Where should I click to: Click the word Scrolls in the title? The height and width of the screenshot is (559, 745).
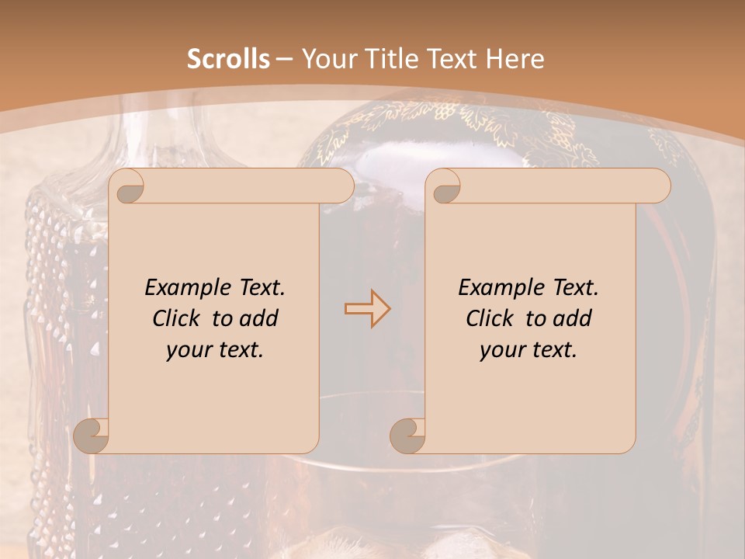point(228,59)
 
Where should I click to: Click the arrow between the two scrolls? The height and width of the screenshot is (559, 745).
point(367,308)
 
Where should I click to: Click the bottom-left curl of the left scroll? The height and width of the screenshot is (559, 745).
point(92,436)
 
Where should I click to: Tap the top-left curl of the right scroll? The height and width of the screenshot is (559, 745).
point(445,187)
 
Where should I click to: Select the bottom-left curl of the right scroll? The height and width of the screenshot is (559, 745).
point(407,436)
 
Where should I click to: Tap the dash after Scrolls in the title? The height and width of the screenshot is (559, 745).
point(284,59)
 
